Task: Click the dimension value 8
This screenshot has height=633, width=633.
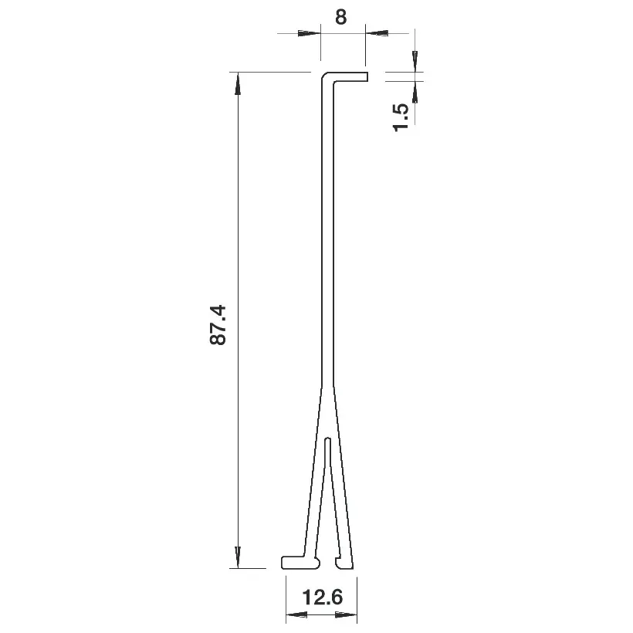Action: click(340, 17)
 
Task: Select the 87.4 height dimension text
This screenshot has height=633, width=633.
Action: click(218, 324)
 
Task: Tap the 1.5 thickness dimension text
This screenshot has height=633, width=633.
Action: click(401, 117)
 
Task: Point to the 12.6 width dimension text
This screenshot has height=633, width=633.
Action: click(322, 597)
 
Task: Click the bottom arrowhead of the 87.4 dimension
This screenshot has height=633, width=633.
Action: click(238, 557)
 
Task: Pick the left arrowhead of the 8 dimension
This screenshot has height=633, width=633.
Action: click(310, 33)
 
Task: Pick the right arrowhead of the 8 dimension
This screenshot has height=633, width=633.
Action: click(377, 33)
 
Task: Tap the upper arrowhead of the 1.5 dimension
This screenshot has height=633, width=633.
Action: click(415, 61)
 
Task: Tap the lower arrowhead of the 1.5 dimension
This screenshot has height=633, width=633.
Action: click(415, 92)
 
